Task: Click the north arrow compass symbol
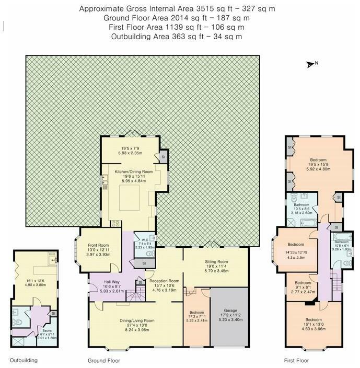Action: [312, 64]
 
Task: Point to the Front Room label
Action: [98, 245]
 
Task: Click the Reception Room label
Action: [165, 281]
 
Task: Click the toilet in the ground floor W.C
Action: [150, 254]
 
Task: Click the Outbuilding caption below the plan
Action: [24, 360]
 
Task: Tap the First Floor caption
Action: [297, 360]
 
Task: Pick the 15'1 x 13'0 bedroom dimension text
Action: [317, 324]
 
